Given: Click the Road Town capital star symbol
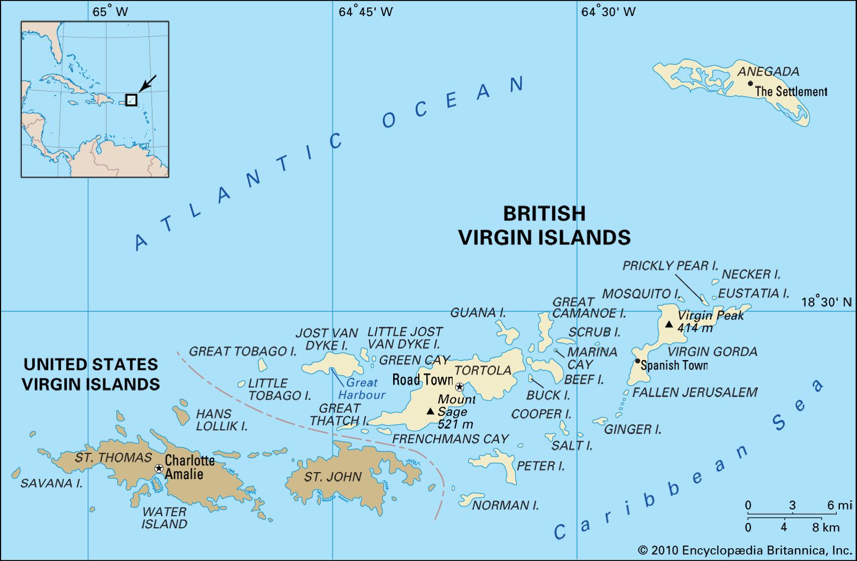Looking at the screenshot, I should click(460, 387).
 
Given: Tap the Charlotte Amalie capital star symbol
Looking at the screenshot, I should click(159, 468).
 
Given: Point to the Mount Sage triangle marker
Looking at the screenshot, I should click(430, 412).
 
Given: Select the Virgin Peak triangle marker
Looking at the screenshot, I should click(669, 324).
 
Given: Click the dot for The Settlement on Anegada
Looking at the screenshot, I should click(750, 84).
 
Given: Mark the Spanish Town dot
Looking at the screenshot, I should click(637, 361).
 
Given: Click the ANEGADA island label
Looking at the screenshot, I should click(768, 71).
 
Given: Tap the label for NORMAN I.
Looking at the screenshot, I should click(505, 505).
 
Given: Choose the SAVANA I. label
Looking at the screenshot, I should click(51, 483).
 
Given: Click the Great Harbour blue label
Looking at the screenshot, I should click(362, 389).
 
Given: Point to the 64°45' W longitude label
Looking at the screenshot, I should click(365, 12).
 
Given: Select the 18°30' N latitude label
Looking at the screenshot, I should click(826, 302).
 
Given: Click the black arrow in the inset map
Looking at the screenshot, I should click(147, 84).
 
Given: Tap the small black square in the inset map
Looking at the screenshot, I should click(131, 100).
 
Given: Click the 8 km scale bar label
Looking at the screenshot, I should click(825, 527).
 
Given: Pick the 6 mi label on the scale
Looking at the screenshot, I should click(839, 505).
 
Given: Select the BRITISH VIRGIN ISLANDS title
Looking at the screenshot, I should click(544, 226).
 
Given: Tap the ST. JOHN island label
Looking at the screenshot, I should click(333, 477).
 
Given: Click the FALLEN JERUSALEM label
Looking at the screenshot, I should click(695, 392).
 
